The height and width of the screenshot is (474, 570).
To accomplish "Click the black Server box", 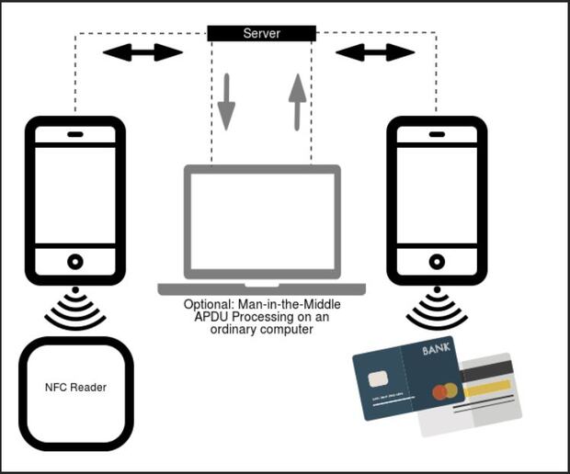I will [261, 33].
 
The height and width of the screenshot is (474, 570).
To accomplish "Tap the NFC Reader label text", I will [75, 388].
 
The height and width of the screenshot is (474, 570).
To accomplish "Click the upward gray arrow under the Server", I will [297, 102].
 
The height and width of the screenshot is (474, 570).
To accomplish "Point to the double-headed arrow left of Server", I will [142, 52].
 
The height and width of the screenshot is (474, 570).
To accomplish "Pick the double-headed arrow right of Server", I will [375, 52].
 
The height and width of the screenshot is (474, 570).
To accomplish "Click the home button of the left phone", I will [75, 262].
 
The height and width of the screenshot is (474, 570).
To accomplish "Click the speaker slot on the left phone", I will [75, 134].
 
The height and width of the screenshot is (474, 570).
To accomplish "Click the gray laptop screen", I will [261, 221].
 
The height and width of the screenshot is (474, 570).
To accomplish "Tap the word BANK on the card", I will [436, 352].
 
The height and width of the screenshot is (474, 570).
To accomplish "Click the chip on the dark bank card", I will [378, 379].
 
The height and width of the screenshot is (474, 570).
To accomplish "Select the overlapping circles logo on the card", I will [444, 391].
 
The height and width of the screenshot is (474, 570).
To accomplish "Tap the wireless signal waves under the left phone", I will [75, 310].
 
